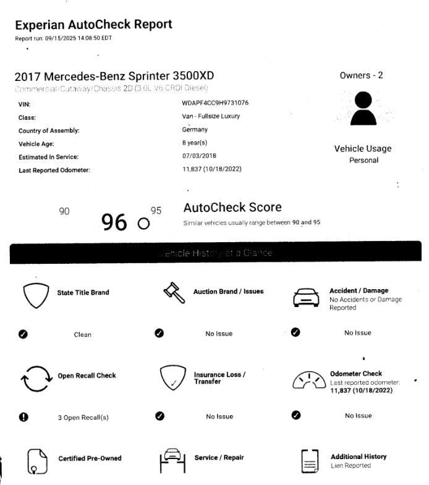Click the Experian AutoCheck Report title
[x=93, y=25]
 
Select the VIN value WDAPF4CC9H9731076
[x=215, y=103]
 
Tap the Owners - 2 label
[x=361, y=75]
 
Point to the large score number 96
[x=114, y=222]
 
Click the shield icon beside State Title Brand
[x=35, y=296]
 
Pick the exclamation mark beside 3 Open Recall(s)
[x=23, y=417]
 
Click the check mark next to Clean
[x=23, y=334]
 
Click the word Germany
[x=195, y=130]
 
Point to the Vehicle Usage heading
[x=363, y=149]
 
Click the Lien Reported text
[x=350, y=466]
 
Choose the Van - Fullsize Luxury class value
[x=211, y=116]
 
